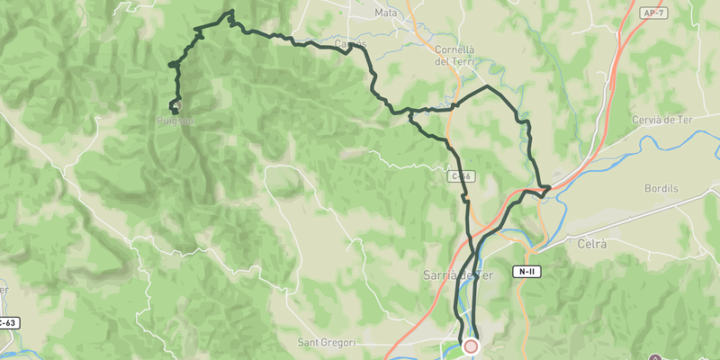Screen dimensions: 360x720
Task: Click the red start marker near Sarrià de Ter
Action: point(471,346)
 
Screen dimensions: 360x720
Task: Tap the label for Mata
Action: point(386,13)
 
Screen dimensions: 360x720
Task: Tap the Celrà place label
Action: point(594,244)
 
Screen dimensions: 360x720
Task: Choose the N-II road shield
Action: point(526,271)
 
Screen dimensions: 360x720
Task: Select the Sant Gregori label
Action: point(327,342)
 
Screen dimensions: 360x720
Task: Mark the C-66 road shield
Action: point(460,177)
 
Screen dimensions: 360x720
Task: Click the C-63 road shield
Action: point(7,322)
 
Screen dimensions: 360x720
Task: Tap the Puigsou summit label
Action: point(176,120)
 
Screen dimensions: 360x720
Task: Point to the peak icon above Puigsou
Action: point(177,106)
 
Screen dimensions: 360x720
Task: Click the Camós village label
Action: point(350,43)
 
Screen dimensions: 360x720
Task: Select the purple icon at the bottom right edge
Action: point(654,355)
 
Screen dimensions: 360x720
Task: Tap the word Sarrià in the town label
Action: point(442,274)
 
